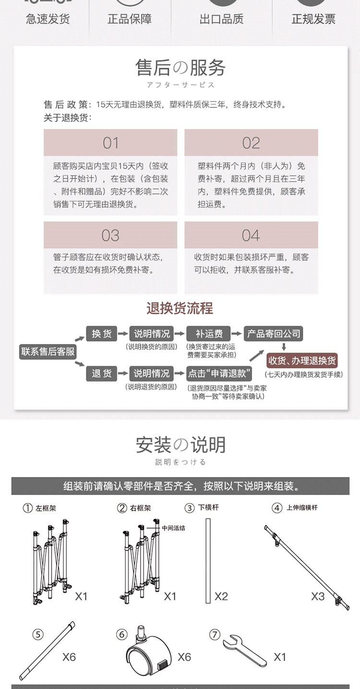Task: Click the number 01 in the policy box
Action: coord(110,143)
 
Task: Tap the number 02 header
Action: coord(251,143)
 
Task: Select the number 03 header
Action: coord(110,236)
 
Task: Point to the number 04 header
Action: coord(251,236)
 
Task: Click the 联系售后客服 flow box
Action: coord(48,352)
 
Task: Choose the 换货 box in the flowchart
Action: coord(101,333)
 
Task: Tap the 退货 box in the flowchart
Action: coord(101,373)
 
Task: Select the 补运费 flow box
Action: coord(209,333)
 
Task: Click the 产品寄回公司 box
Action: coord(274,333)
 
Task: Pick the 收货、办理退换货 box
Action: coord(302,360)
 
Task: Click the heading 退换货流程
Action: coord(180,308)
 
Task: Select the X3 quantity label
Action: coord(318,596)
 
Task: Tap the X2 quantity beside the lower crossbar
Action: coord(221,596)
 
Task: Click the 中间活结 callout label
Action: coord(174,528)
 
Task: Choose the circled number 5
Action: coord(38,634)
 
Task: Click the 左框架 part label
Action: coord(46,508)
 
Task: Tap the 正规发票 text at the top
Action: coord(313,19)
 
